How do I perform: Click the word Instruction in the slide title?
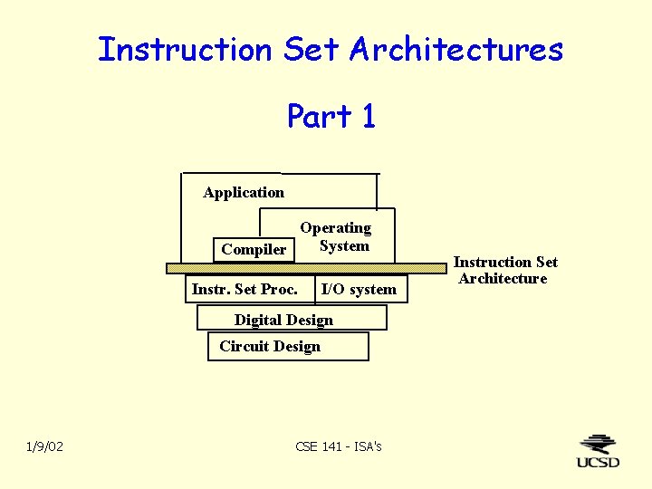click(185, 49)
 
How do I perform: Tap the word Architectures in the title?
click(456, 49)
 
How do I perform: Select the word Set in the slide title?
click(312, 49)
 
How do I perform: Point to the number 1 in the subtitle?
click(368, 116)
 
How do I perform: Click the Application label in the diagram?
click(244, 192)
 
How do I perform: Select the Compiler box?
click(254, 249)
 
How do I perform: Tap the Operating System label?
click(336, 236)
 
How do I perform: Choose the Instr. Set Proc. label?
click(244, 289)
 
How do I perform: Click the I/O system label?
click(359, 290)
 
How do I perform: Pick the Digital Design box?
click(292, 319)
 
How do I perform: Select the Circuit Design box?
click(288, 346)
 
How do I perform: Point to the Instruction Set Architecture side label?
click(504, 270)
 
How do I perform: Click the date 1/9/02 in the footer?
click(44, 446)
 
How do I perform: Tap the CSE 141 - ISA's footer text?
click(339, 446)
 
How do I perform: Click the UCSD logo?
click(599, 451)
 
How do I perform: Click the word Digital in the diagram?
click(258, 320)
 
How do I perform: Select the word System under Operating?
click(344, 245)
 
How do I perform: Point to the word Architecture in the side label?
click(503, 278)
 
